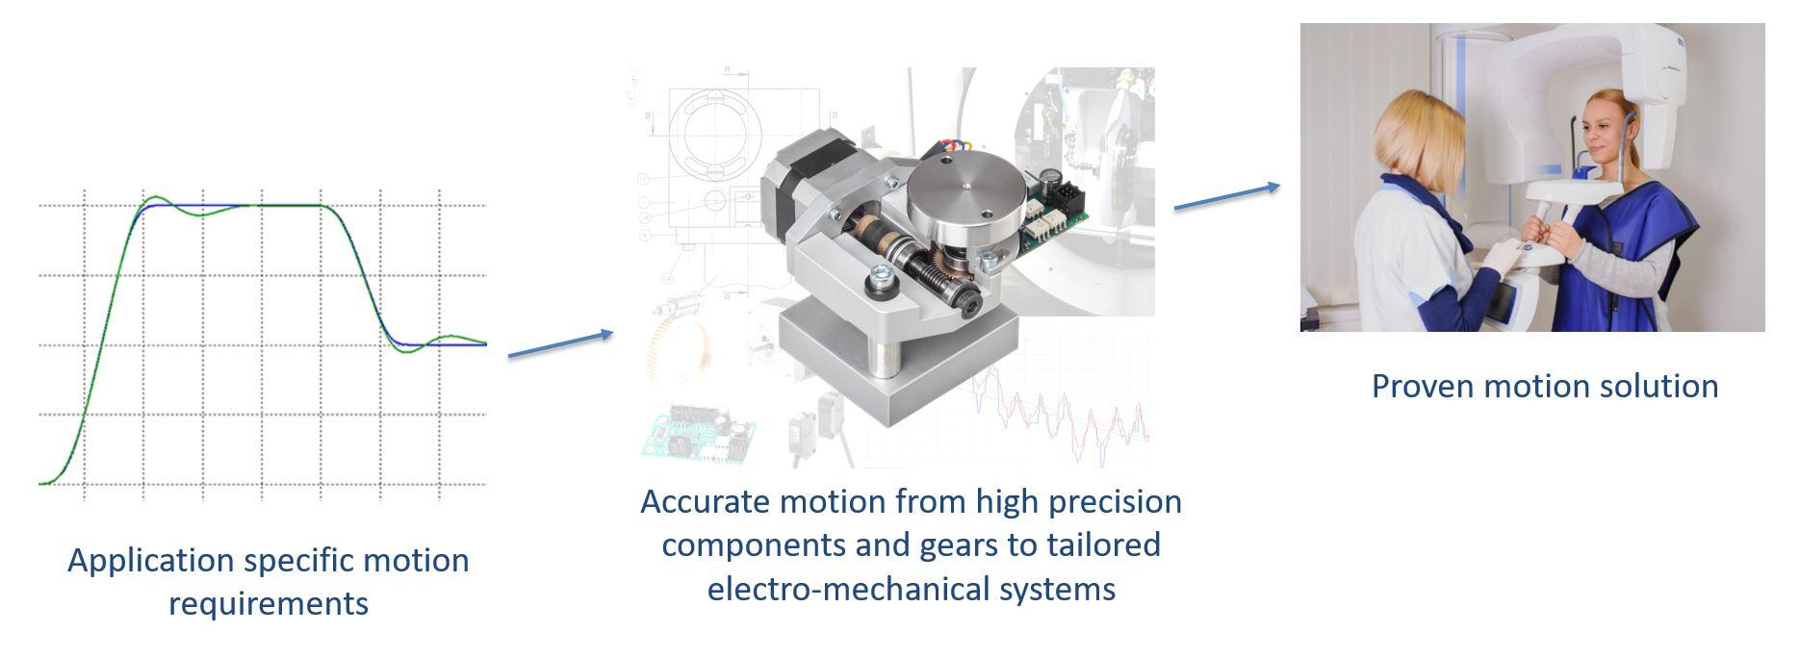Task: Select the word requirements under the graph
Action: pos(269,604)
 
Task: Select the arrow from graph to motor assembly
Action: pos(560,344)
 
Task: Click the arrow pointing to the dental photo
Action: pos(1227,195)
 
